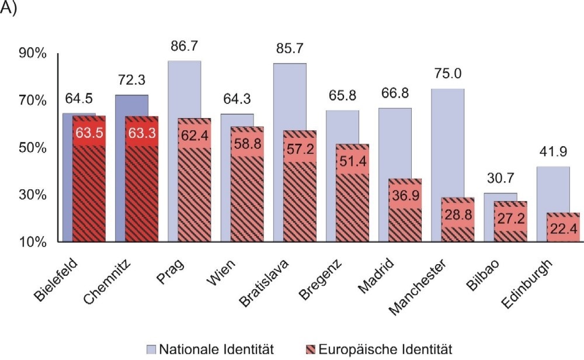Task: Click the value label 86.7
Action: click(x=185, y=47)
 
